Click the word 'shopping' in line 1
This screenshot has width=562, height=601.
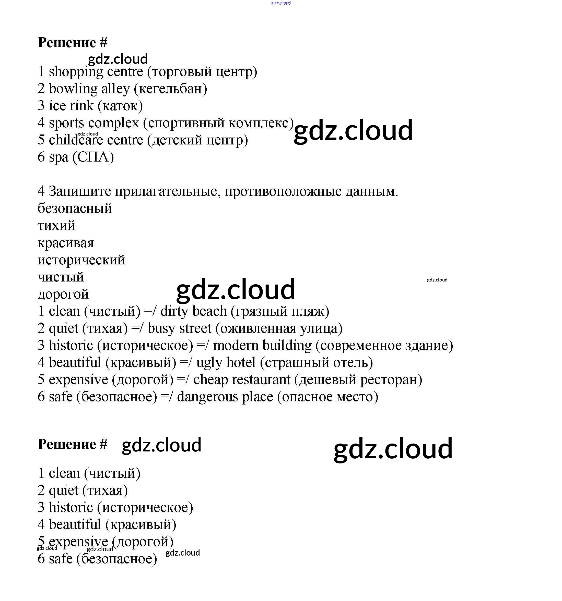coord(76,72)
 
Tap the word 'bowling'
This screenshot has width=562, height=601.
coord(73,89)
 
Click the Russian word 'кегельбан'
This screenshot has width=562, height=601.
coord(170,89)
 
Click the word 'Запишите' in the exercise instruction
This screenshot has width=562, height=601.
coord(80,191)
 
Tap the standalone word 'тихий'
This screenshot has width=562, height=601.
coord(56,226)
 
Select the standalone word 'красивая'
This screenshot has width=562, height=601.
coord(66,243)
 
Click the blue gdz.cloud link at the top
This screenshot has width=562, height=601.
coord(281,3)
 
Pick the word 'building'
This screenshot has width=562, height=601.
coord(287,346)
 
